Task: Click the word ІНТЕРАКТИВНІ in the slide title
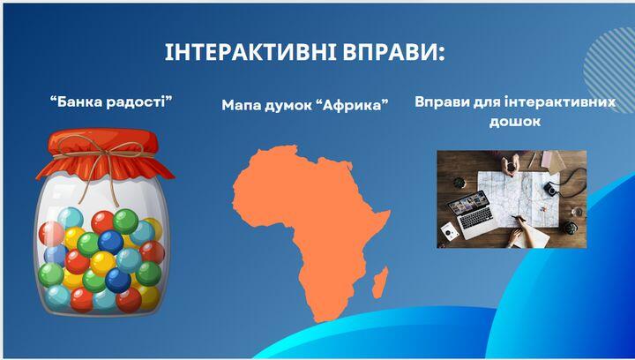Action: [250, 52]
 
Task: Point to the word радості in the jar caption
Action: [139, 102]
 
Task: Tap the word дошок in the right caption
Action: [515, 122]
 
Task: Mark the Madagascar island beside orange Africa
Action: [380, 282]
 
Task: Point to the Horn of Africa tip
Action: [389, 212]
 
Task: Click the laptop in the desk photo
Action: [473, 214]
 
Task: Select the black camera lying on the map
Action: [550, 188]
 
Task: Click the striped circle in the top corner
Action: [609, 70]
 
